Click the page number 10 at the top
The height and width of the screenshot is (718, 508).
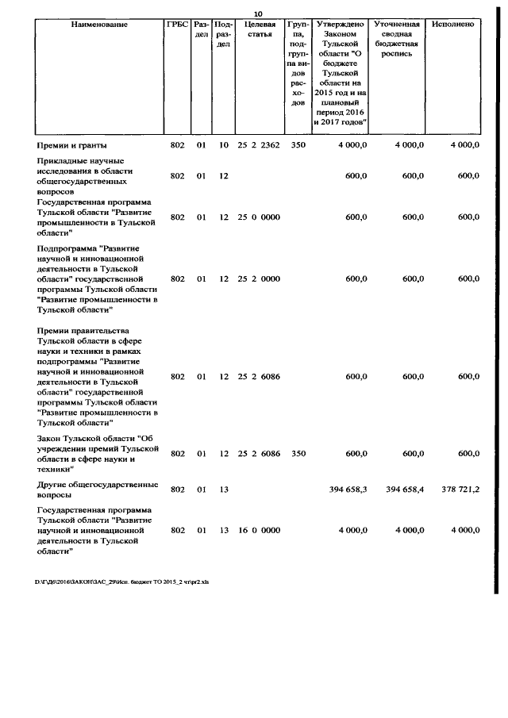258,13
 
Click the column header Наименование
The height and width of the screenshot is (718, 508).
99,25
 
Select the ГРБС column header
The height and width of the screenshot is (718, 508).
178,25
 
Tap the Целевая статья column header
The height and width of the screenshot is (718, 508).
259,29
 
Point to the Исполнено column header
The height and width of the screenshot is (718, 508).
453,25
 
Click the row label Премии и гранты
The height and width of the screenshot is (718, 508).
72,145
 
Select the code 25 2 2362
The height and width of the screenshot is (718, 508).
259,145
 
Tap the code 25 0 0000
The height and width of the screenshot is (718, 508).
259,217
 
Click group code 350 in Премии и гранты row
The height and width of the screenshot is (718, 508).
298,145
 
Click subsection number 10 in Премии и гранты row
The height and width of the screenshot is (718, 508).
224,145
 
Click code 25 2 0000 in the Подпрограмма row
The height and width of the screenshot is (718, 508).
259,278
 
